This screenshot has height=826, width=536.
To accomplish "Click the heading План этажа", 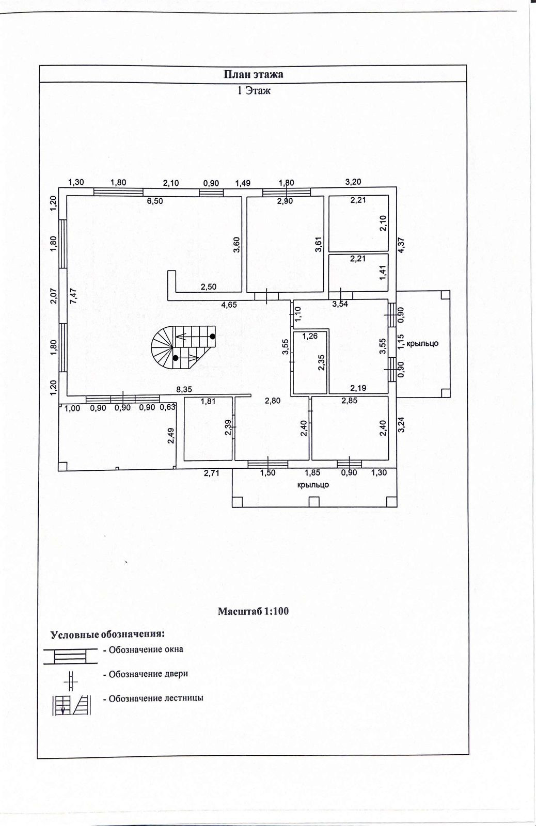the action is point(253,74).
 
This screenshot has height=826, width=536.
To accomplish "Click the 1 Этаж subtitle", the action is point(253,91).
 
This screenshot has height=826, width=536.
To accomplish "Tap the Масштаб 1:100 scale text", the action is point(253,611).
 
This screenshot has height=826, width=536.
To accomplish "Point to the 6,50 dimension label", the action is point(154,201).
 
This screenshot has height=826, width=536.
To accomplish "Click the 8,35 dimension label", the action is point(184,390).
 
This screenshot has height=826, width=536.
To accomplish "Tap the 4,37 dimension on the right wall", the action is point(401,244).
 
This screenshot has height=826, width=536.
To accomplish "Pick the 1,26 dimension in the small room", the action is point(310,336).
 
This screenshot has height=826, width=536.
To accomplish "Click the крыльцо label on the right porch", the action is point(422,343).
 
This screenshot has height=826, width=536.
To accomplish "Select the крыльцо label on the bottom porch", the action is point(313,485).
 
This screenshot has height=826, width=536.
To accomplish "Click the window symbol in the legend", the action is point(70,656).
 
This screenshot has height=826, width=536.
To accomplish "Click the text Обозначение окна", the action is point(146,649).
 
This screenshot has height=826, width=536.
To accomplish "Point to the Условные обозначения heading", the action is point(107,634).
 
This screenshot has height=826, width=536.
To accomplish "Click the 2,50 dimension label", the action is point(208,287).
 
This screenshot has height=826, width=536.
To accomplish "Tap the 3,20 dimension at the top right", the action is point(353,182).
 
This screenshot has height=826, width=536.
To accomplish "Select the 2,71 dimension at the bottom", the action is point(211,472).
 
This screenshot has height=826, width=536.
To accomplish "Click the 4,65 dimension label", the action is point(229,305).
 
